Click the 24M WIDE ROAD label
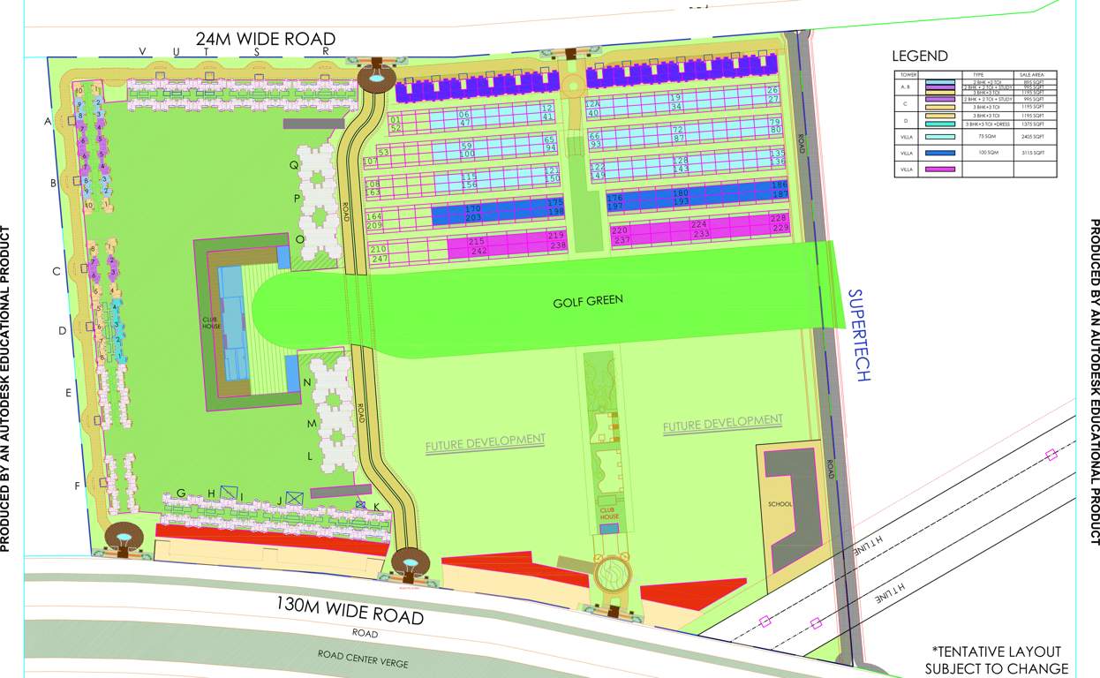pyautogui.click(x=266, y=39)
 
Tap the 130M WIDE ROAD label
pyautogui.click(x=350, y=609)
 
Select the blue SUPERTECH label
pyautogui.click(x=859, y=335)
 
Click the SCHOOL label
pyautogui.click(x=780, y=504)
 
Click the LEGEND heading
pyautogui.click(x=920, y=56)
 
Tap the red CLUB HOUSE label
pyautogui.click(x=609, y=513)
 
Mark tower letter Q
pyautogui.click(x=295, y=164)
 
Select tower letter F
pyautogui.click(x=78, y=486)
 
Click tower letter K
pyautogui.click(x=377, y=506)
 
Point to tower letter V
pyautogui.click(x=141, y=51)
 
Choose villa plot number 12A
pyautogui.click(x=594, y=103)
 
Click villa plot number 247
pyautogui.click(x=380, y=260)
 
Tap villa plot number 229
pyautogui.click(x=780, y=228)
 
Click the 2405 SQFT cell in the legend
pyautogui.click(x=1033, y=137)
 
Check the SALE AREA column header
pyautogui.click(x=1032, y=75)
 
